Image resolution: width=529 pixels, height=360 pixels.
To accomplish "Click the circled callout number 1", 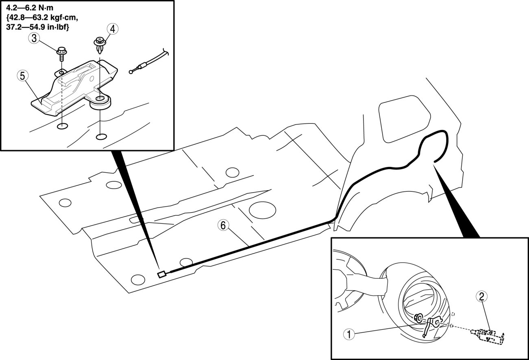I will [347, 334].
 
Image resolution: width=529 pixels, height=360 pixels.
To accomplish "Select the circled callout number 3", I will [34, 39].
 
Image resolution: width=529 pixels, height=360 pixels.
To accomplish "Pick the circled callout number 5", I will [23, 76].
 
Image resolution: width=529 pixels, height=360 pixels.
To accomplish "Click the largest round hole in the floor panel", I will [262, 210].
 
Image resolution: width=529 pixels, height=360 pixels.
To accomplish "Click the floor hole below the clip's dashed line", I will [101, 136].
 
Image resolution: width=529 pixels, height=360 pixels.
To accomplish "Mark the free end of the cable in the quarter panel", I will [434, 162].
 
